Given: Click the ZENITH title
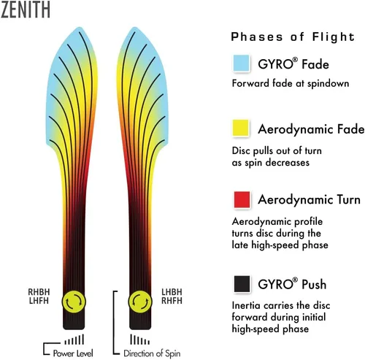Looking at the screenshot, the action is (26, 9).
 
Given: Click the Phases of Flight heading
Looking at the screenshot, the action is (293, 37).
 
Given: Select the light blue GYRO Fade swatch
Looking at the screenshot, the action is (241, 64).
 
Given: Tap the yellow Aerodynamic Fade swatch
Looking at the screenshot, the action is (241, 128).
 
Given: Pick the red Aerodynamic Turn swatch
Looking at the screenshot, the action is (242, 199).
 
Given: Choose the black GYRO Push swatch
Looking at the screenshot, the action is (242, 284).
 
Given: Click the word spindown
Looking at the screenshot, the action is (328, 84).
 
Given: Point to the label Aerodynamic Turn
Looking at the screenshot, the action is (309, 199).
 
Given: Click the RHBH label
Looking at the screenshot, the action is (39, 292).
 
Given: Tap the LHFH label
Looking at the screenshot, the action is (39, 301).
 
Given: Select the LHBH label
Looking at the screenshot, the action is (172, 292).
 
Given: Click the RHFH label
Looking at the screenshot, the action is (172, 301).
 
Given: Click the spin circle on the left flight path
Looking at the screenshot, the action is (74, 302).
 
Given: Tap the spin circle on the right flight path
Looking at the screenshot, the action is (140, 302).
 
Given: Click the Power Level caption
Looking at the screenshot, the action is (73, 353).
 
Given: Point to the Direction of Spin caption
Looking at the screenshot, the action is (152, 353).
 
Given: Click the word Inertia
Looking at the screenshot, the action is (244, 305).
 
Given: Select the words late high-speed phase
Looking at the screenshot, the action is (280, 245).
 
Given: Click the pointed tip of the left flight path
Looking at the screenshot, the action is (80, 27).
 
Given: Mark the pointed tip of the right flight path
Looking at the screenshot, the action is (134, 27).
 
